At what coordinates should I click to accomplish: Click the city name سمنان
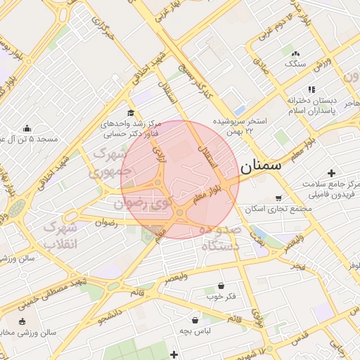coord(260,167)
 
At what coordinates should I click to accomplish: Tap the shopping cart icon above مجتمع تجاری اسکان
coord(278,198)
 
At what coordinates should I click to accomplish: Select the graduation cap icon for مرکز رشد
coord(130,112)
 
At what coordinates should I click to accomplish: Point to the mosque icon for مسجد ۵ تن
coord(27,128)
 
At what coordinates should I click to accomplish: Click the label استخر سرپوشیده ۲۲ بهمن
coord(241,126)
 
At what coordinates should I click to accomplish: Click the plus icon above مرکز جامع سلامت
coord(331,173)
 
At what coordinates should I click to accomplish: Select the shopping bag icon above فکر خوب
coord(222,285)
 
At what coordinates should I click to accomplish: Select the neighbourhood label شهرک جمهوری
coord(106,161)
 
